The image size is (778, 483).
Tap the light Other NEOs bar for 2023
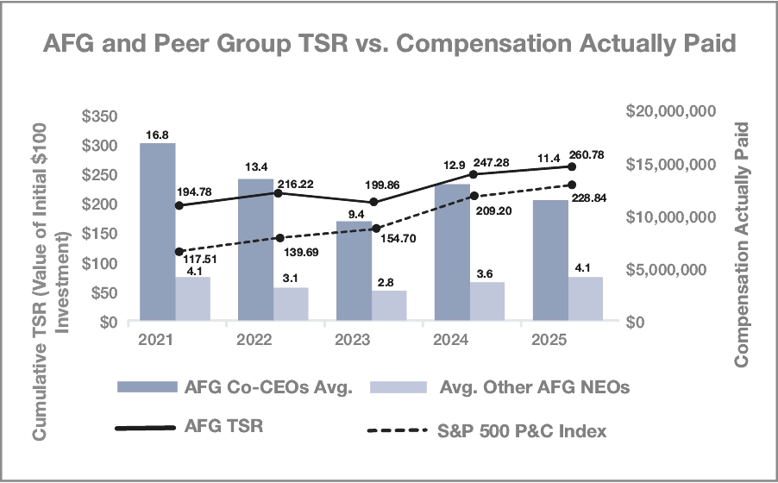(x=389, y=305)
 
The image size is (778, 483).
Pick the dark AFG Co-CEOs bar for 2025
(x=550, y=260)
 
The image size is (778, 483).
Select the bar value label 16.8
(x=157, y=134)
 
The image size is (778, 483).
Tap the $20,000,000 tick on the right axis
(x=671, y=112)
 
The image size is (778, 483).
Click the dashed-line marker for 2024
(x=473, y=196)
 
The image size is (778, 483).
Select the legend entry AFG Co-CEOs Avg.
(x=248, y=388)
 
